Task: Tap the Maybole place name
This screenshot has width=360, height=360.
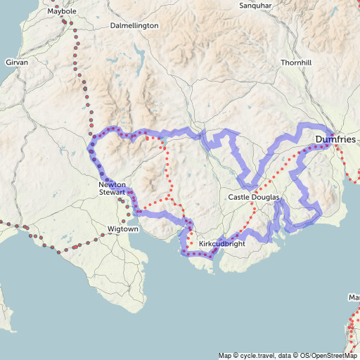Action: pyautogui.click(x=62, y=12)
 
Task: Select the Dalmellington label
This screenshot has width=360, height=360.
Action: pyautogui.click(x=135, y=25)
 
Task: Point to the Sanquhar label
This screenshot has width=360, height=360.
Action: pyautogui.click(x=255, y=6)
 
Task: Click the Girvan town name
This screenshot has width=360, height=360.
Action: pyautogui.click(x=17, y=63)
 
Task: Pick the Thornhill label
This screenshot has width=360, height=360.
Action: pyautogui.click(x=295, y=63)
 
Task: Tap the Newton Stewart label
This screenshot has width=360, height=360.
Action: pyautogui.click(x=112, y=188)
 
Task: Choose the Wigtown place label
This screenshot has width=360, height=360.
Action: pyautogui.click(x=124, y=229)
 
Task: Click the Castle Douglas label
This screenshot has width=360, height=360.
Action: pyautogui.click(x=254, y=198)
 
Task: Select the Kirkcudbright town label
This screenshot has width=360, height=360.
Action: pyautogui.click(x=222, y=244)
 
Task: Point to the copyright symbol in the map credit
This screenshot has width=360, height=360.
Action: pyautogui.click(x=236, y=356)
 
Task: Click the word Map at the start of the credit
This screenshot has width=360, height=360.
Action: pyautogui.click(x=225, y=356)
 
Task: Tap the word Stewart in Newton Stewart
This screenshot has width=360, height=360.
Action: pyautogui.click(x=112, y=192)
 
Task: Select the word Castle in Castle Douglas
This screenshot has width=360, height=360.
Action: pyautogui.click(x=239, y=198)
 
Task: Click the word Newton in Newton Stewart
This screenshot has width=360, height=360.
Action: pyautogui.click(x=112, y=184)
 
